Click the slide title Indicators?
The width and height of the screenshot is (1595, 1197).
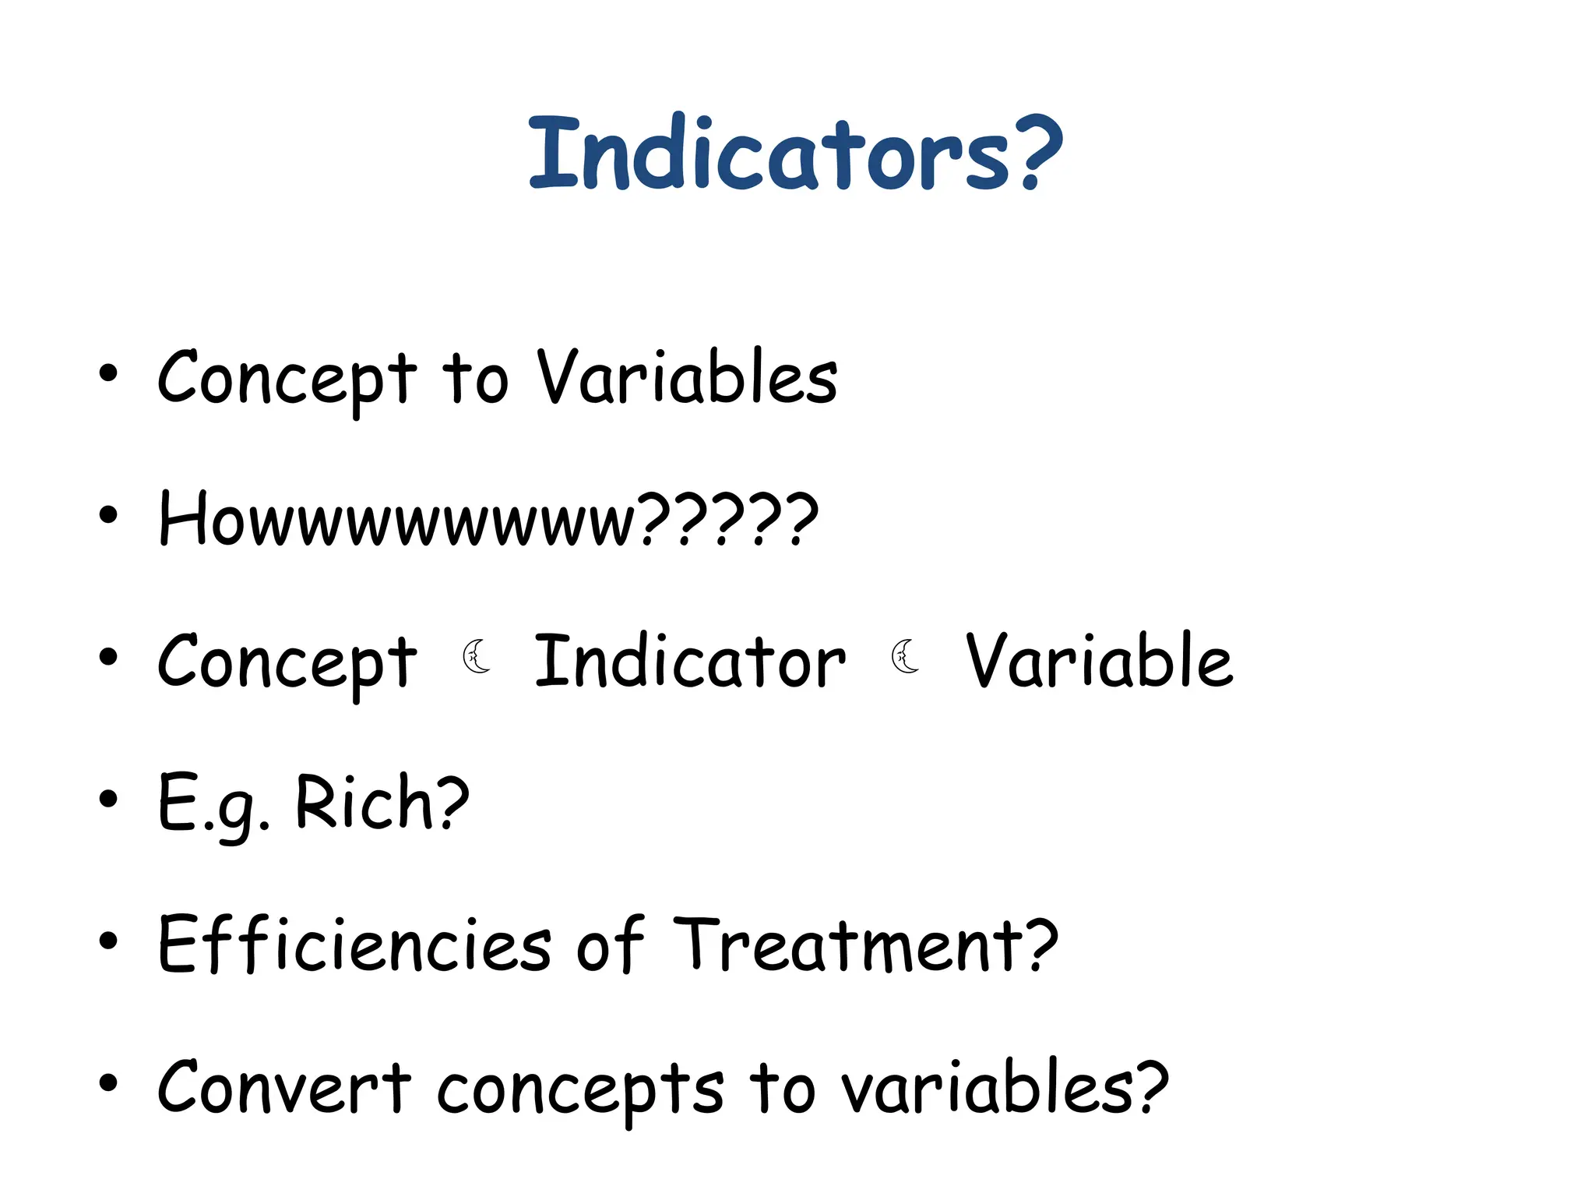pos(795,153)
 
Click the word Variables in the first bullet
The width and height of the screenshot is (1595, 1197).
pos(687,378)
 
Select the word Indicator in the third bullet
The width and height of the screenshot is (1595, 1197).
pos(690,662)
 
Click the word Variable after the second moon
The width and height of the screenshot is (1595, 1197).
pos(1099,662)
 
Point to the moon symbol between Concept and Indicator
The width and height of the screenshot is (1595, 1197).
pos(477,656)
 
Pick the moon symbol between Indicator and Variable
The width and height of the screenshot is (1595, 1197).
pos(905,656)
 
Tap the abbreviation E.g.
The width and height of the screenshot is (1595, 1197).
pos(213,806)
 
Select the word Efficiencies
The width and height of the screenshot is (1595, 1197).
pos(354,945)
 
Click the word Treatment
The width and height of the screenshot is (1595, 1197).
pos(849,945)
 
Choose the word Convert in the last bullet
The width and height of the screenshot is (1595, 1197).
pos(284,1087)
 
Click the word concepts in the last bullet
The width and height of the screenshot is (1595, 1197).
pos(579,1089)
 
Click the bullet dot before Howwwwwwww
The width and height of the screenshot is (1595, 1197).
pos(108,515)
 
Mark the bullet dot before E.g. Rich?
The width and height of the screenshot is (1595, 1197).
pos(108,800)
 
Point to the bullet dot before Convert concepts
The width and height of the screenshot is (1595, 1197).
pos(108,1083)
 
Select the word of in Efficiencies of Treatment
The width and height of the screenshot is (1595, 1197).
pos(610,945)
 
